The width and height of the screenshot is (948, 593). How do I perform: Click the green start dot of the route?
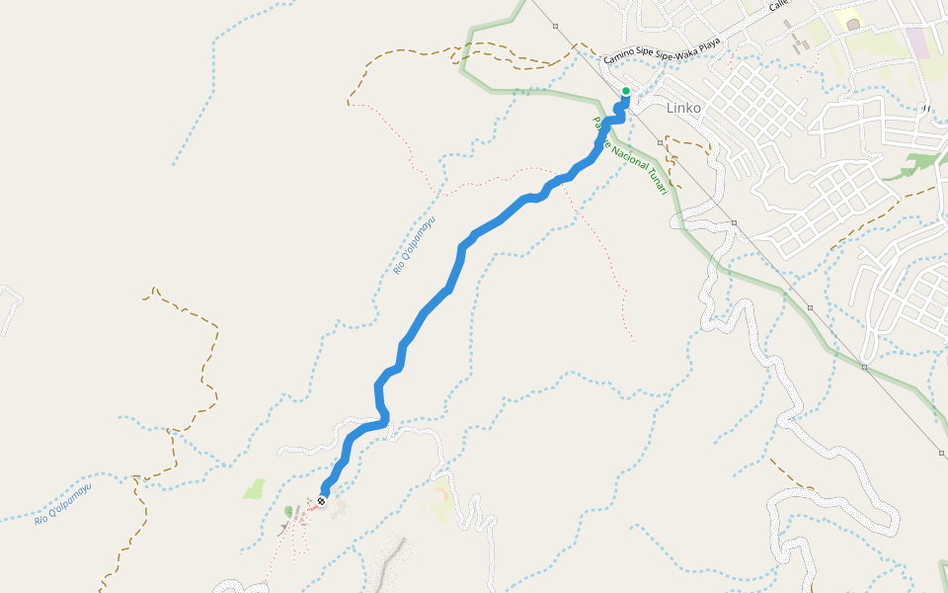pos(625,92)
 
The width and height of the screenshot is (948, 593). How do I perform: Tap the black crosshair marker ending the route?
pos(321,501)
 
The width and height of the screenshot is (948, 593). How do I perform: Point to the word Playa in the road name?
pos(706,43)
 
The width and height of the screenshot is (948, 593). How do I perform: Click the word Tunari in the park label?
pos(657,181)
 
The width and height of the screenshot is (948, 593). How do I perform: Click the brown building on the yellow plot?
pos(853,23)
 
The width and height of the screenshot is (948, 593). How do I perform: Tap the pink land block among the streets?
pos(917,42)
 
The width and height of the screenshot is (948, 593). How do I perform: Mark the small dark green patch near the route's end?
pos(289,511)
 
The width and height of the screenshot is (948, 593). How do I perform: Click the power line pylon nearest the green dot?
pos(660,142)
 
